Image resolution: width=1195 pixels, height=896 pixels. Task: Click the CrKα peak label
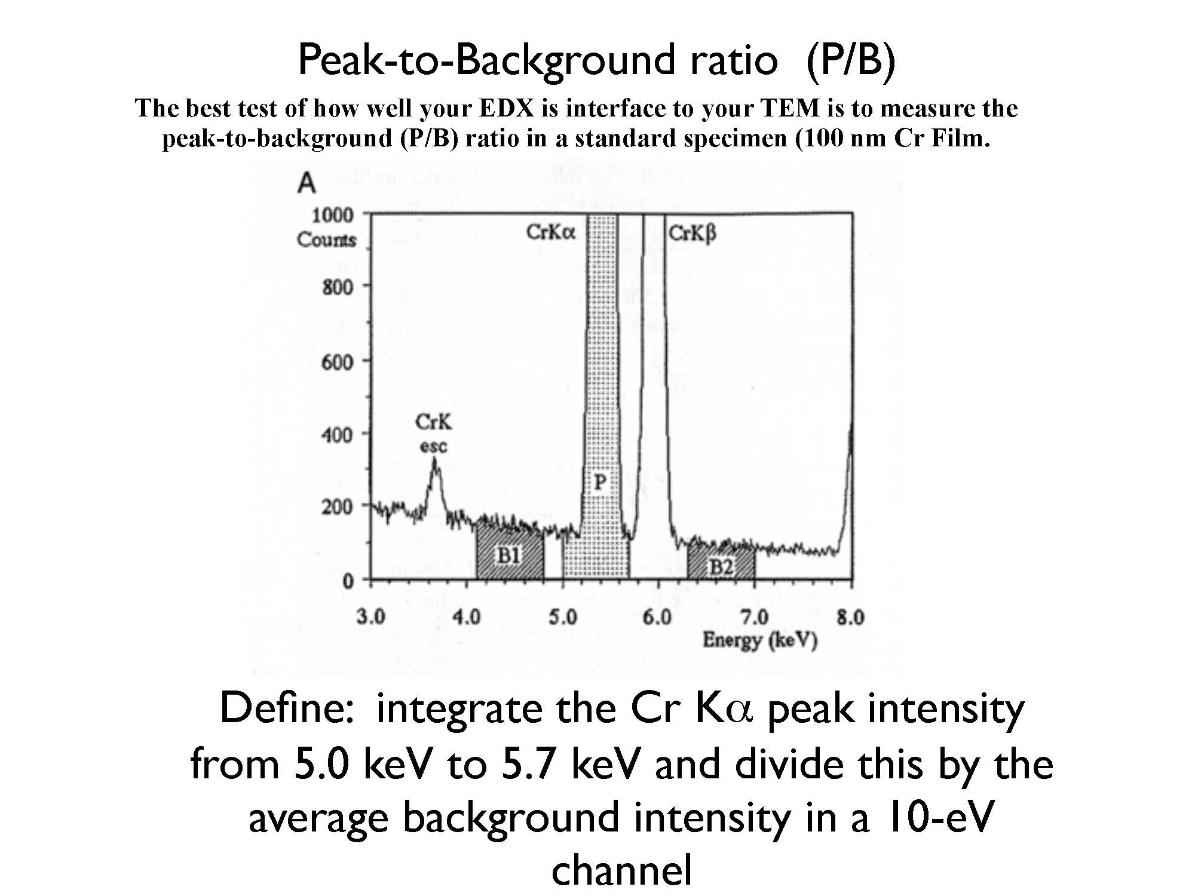click(550, 232)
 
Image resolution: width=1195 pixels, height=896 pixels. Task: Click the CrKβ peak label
click(692, 233)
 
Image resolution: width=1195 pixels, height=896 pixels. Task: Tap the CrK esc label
click(433, 434)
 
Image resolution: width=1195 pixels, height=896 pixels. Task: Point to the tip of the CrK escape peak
click(434, 459)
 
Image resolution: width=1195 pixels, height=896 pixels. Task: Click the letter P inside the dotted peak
click(600, 481)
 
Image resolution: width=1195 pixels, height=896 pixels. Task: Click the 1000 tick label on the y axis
click(332, 214)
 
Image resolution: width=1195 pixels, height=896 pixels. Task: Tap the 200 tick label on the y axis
click(337, 507)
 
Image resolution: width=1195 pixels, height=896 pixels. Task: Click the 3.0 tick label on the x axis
click(370, 616)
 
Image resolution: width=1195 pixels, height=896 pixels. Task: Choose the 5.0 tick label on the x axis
click(563, 616)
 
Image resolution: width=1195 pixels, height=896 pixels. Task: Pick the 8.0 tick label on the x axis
click(850, 616)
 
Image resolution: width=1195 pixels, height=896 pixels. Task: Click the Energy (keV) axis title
click(759, 640)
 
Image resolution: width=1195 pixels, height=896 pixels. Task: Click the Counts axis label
click(326, 240)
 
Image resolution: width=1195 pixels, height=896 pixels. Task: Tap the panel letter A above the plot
click(307, 182)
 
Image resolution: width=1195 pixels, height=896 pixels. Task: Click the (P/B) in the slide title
click(850, 60)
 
